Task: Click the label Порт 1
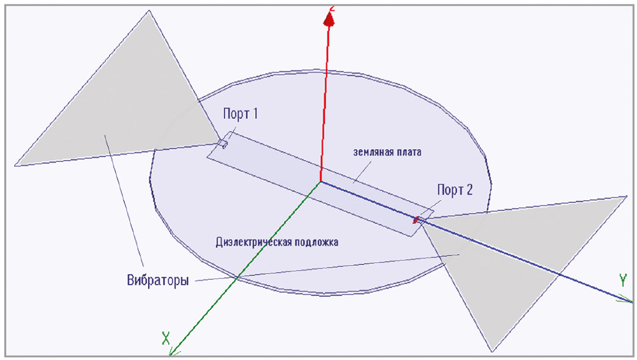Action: [240, 114]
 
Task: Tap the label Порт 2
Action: [455, 190]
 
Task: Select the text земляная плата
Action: [387, 152]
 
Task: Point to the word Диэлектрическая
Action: [253, 242]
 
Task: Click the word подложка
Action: [316, 242]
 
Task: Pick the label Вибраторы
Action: [158, 280]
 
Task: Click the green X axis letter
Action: [165, 338]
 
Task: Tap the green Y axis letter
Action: [623, 280]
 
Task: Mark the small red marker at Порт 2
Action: [416, 220]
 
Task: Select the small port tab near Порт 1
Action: [224, 144]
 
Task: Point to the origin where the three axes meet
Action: [321, 181]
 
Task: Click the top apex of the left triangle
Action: [149, 11]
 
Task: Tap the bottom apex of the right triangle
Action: [492, 352]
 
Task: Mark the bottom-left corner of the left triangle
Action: [15, 166]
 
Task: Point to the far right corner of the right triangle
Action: [627, 196]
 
